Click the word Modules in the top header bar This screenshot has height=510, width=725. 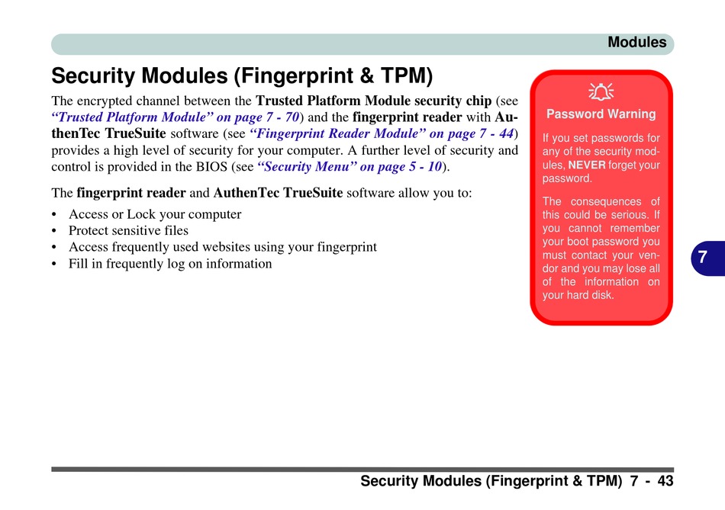click(636, 43)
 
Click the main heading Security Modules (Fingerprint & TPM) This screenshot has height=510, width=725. click(242, 75)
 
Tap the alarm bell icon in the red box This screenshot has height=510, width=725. click(601, 92)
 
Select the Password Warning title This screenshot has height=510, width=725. click(601, 114)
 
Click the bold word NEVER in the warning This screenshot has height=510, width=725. click(587, 165)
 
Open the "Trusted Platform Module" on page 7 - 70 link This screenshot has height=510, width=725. click(176, 117)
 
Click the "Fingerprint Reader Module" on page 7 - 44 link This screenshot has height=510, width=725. click(382, 133)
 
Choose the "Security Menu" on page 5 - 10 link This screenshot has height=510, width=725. click(350, 166)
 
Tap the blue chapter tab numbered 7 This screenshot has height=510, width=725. click(707, 258)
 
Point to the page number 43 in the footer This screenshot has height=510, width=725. click(665, 481)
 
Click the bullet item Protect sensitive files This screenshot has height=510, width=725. click(128, 230)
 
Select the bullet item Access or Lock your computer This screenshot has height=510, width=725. click(155, 214)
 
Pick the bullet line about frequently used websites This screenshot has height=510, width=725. click(223, 247)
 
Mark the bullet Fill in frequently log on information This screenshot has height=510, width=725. click(170, 264)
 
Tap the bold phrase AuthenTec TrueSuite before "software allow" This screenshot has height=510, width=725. click(278, 193)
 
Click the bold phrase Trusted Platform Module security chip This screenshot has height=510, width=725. click(374, 101)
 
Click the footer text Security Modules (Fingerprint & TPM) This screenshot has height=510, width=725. click(491, 481)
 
